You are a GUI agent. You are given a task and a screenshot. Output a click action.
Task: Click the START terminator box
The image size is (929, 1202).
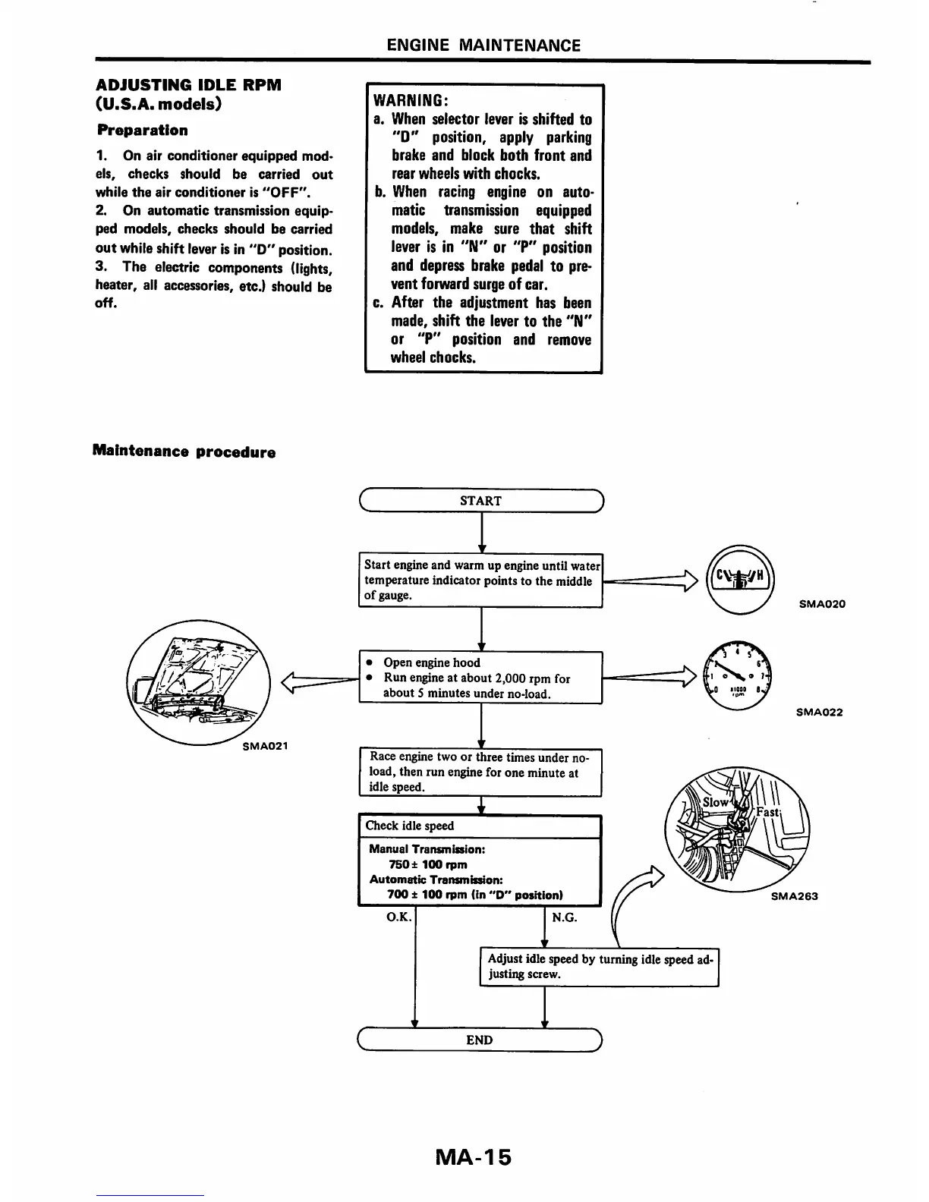[x=480, y=501]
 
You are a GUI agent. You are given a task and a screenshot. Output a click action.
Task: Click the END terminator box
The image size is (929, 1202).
[x=479, y=1040]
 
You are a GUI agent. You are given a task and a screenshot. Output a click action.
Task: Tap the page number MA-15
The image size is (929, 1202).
[x=474, y=1157]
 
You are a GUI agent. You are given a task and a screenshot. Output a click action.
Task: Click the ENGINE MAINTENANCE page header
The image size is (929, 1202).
[x=483, y=45]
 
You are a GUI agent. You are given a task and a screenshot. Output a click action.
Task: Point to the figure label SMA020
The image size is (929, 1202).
[x=822, y=604]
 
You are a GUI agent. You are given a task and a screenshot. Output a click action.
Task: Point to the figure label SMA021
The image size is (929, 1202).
[x=265, y=745]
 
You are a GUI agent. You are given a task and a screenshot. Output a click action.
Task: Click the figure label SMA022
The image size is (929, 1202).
[x=819, y=712]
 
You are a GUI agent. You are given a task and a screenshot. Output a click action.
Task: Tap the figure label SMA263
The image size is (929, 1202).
[x=795, y=895]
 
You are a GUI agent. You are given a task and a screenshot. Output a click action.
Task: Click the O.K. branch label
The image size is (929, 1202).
[x=399, y=917]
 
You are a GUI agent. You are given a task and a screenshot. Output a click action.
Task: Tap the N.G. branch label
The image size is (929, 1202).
[x=565, y=917]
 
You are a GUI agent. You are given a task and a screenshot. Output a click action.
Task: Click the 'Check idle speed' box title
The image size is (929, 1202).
[x=410, y=826]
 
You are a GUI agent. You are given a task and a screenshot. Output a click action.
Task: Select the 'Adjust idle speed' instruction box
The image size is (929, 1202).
[x=599, y=966]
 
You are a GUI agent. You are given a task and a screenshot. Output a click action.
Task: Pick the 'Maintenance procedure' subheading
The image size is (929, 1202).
[x=184, y=452]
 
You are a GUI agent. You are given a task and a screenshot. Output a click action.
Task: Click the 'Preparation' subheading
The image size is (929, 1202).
[x=143, y=130]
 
